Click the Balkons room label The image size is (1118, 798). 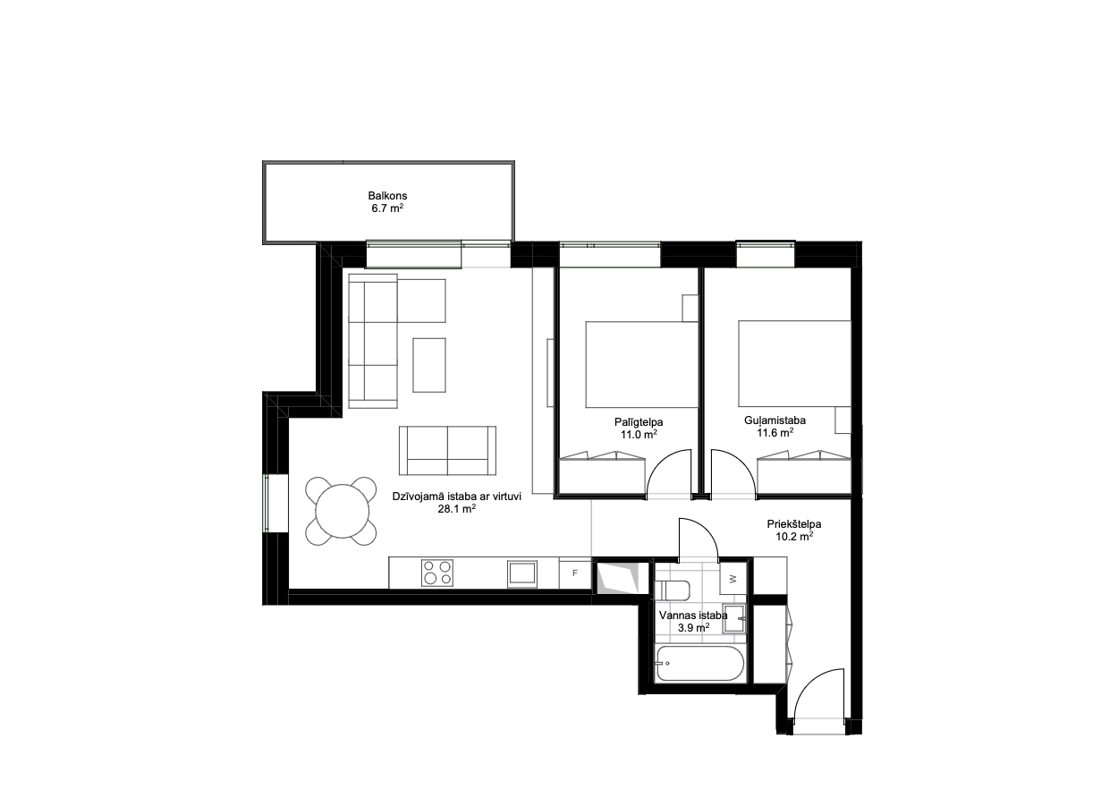coord(387,196)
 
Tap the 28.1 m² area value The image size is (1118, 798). coord(457,509)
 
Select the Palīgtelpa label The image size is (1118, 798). coord(639,422)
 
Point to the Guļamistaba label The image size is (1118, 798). coord(775,420)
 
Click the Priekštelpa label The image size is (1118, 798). coord(794,524)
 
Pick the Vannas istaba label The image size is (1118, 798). coord(693,615)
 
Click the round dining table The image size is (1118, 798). coord(342,511)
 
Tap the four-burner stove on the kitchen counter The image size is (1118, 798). coord(437,573)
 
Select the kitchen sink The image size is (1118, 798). coord(522,573)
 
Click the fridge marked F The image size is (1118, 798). coord(574,573)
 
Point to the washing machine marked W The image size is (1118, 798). coord(733,579)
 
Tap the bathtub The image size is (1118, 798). coord(700,664)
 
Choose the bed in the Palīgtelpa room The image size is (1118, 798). coord(641,364)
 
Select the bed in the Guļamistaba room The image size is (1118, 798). coord(794,363)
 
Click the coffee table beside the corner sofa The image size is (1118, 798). coord(429,365)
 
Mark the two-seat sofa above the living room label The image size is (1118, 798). coord(448,450)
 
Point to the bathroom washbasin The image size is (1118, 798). coord(734,618)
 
